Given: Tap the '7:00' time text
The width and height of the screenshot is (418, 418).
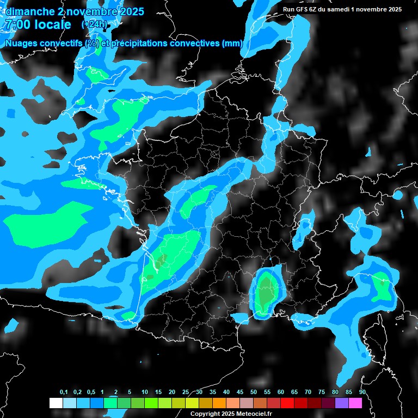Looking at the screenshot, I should point(17,24).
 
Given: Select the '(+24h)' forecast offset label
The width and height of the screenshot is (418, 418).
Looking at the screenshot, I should point(94,24).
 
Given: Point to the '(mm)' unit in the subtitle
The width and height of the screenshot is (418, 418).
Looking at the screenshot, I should point(233,44).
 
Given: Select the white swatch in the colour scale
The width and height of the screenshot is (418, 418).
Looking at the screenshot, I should point(56,403).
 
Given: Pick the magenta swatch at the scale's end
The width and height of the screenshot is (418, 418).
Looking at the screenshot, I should point(355,403).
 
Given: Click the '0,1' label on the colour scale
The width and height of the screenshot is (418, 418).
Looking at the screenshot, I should point(64,392).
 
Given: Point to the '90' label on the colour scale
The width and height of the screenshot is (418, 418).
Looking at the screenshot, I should point(362,392).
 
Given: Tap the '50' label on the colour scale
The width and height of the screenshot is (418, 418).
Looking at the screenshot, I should point(254,392).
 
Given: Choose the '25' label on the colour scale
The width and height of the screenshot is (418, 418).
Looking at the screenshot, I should point(186,392).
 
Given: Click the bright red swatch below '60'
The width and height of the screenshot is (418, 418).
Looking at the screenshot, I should point(287,403).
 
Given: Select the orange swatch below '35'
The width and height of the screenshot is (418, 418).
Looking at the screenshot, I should point(219,403).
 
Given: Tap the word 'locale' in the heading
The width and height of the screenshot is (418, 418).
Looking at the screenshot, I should point(53,24).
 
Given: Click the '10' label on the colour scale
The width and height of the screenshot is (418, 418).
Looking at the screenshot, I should point(145,392).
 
